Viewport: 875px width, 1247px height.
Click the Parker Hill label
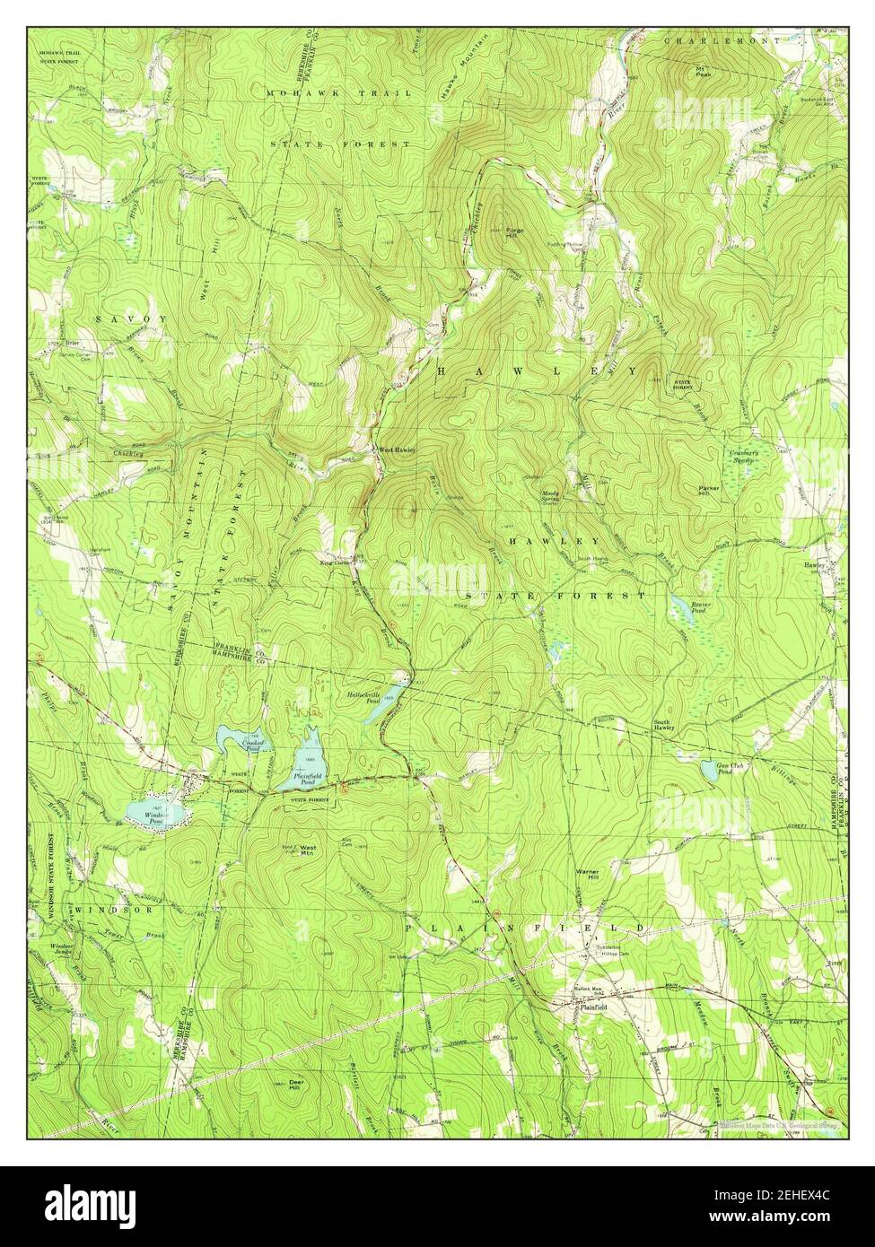(x=709, y=492)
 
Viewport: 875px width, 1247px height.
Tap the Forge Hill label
(x=513, y=231)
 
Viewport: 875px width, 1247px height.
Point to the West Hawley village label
(x=396, y=449)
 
